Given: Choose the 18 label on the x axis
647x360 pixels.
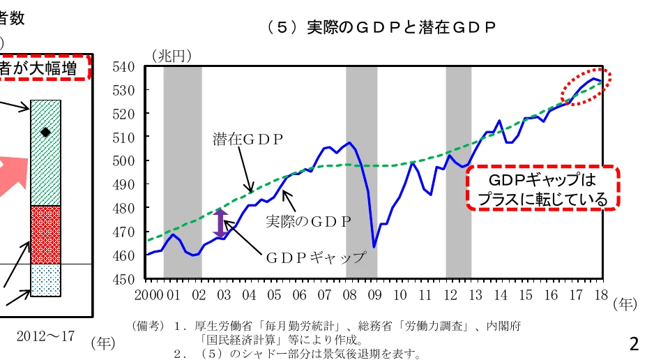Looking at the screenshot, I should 601,294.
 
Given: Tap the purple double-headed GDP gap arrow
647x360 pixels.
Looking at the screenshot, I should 220,223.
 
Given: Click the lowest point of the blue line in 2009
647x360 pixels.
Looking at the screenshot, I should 374,247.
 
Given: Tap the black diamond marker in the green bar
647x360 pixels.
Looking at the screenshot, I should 45,132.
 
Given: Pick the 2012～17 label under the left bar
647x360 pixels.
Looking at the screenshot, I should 45,336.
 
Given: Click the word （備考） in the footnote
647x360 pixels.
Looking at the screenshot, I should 147,326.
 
